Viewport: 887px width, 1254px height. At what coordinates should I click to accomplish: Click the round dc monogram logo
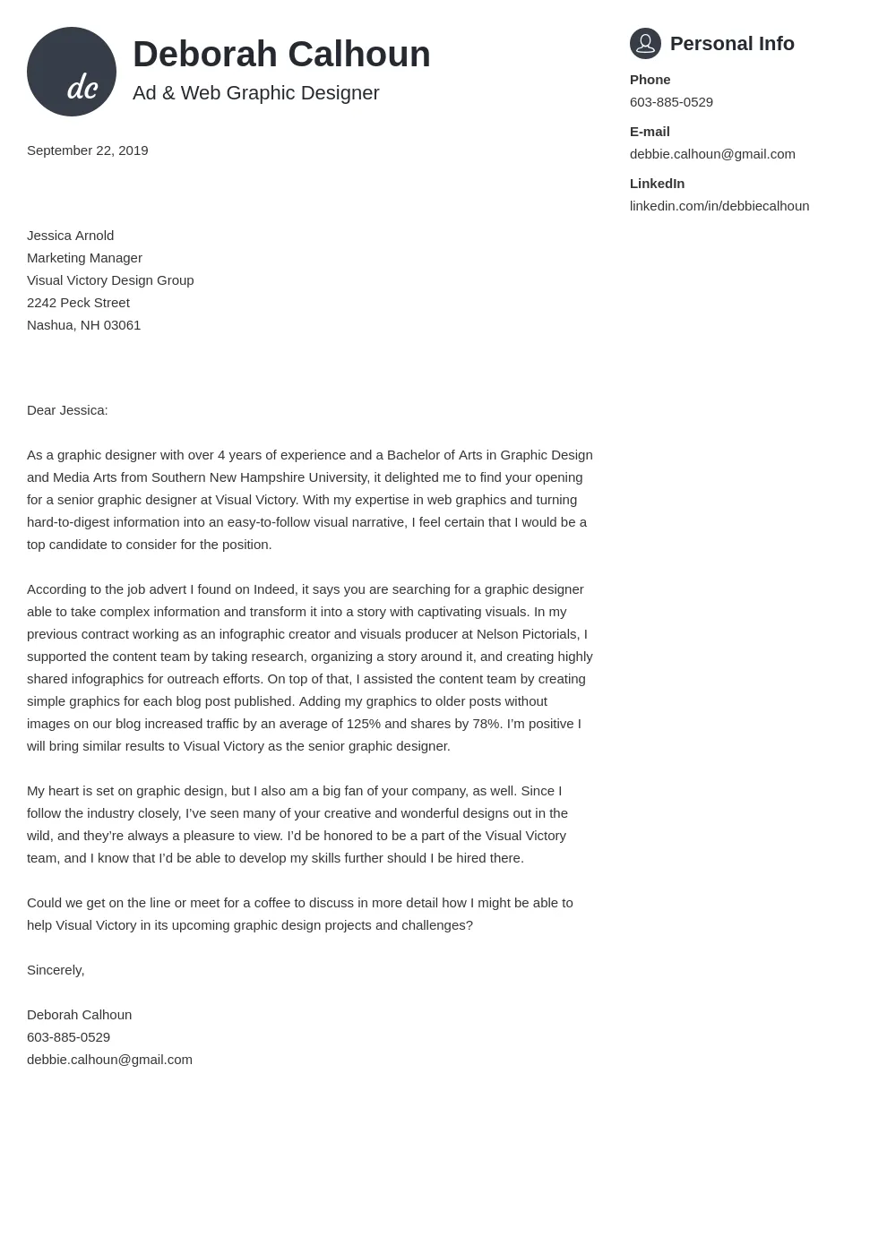72,72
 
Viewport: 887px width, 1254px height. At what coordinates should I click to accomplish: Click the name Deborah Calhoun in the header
281,55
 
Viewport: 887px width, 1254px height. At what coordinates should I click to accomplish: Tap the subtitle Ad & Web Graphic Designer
255,93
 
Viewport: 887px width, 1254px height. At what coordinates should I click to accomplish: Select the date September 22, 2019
87,150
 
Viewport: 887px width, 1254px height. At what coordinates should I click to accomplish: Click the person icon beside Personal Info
645,43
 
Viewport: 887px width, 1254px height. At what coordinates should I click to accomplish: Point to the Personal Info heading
731,44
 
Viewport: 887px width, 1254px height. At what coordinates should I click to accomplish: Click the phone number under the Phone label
671,102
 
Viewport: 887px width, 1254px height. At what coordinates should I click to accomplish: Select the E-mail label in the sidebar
650,132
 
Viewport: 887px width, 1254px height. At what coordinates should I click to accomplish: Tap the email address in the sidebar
712,154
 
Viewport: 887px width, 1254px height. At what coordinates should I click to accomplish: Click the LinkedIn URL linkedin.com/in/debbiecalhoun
719,206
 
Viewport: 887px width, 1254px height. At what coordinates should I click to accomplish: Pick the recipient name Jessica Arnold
70,236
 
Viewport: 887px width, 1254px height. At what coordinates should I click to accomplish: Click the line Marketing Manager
84,258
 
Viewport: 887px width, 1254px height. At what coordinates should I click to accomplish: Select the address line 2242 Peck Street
78,303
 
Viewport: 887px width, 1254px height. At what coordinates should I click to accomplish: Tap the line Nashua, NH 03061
83,325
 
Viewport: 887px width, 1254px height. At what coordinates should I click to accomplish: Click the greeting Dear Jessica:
67,410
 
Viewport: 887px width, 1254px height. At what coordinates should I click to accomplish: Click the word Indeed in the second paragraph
274,589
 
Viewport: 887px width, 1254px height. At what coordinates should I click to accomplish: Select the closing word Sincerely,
56,970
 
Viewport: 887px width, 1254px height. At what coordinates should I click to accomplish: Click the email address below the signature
109,1060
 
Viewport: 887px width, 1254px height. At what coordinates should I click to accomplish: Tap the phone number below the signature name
68,1037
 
